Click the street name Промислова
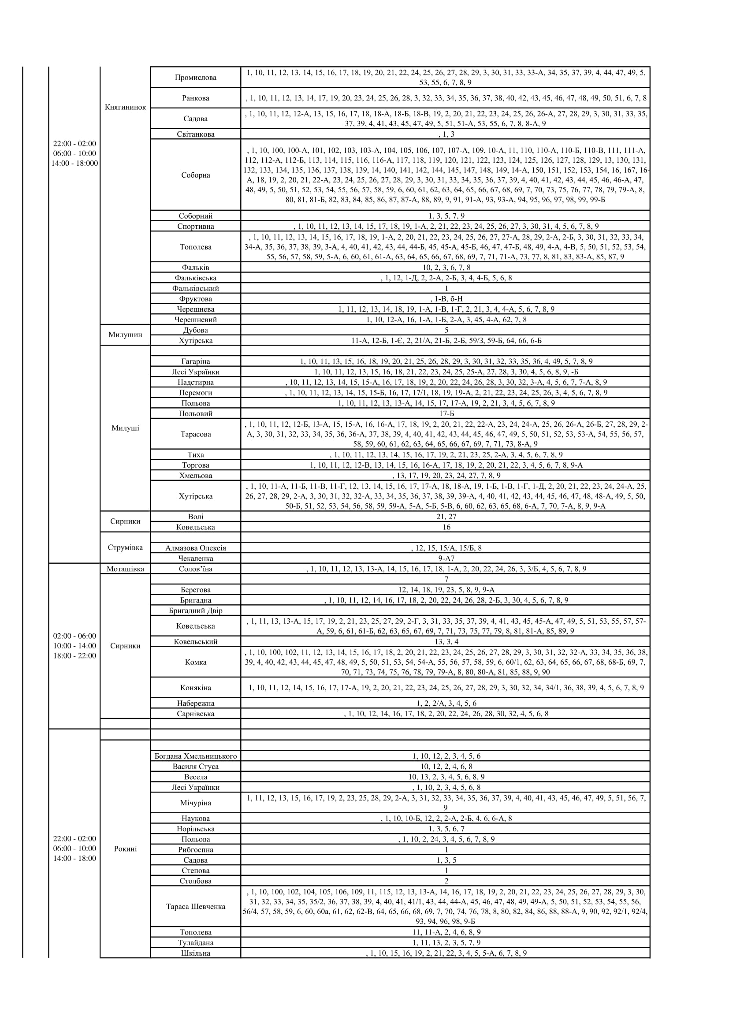tap(195, 77)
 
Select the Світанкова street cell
tap(195, 134)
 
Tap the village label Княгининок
tap(125, 107)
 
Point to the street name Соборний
tap(195, 216)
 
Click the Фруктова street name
tap(195, 299)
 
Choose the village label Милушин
tap(125, 335)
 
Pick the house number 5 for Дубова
tap(446, 331)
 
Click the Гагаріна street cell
tap(195, 361)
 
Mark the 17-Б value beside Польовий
tap(446, 413)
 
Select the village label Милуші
tap(125, 428)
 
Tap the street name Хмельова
tap(195, 476)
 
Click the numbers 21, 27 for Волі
tap(446, 517)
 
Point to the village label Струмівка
tap(125, 548)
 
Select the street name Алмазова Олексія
tap(195, 548)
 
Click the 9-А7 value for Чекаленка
tap(446, 558)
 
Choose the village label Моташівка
tap(125, 569)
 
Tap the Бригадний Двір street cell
tap(195, 610)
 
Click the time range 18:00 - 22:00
tap(74, 656)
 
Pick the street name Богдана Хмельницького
tap(195, 756)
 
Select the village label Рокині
tap(125, 849)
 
